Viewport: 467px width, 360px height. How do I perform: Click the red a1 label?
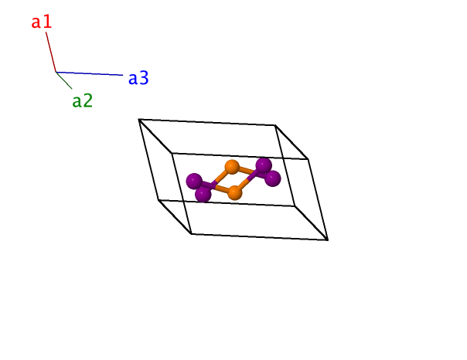coord(42,22)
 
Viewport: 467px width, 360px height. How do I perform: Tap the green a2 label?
coord(83,101)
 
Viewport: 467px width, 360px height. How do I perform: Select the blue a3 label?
coord(138,78)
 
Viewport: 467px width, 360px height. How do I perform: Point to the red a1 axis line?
coord(51,52)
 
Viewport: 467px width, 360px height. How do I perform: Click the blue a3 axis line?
coord(90,73)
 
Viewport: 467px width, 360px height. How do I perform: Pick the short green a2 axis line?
coord(64,80)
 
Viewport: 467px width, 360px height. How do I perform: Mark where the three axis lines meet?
coord(56,72)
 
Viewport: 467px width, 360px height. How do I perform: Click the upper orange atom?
coord(232,167)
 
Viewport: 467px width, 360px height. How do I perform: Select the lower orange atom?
coord(235,192)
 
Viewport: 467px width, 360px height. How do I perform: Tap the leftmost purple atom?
coord(194,181)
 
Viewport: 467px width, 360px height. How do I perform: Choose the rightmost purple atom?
coord(272,178)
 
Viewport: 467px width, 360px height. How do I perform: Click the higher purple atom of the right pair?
coord(264,165)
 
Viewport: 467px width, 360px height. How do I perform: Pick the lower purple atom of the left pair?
coord(203,194)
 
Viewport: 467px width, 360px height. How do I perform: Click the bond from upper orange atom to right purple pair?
coord(247,171)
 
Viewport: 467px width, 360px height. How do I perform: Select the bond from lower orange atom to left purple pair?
coord(220,188)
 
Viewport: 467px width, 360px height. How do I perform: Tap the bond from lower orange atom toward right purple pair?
coord(247,182)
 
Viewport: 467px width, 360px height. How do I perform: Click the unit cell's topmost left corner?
coord(139,119)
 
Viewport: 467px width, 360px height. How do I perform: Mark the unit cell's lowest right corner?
coord(328,239)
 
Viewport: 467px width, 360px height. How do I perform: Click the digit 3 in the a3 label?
coord(144,78)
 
